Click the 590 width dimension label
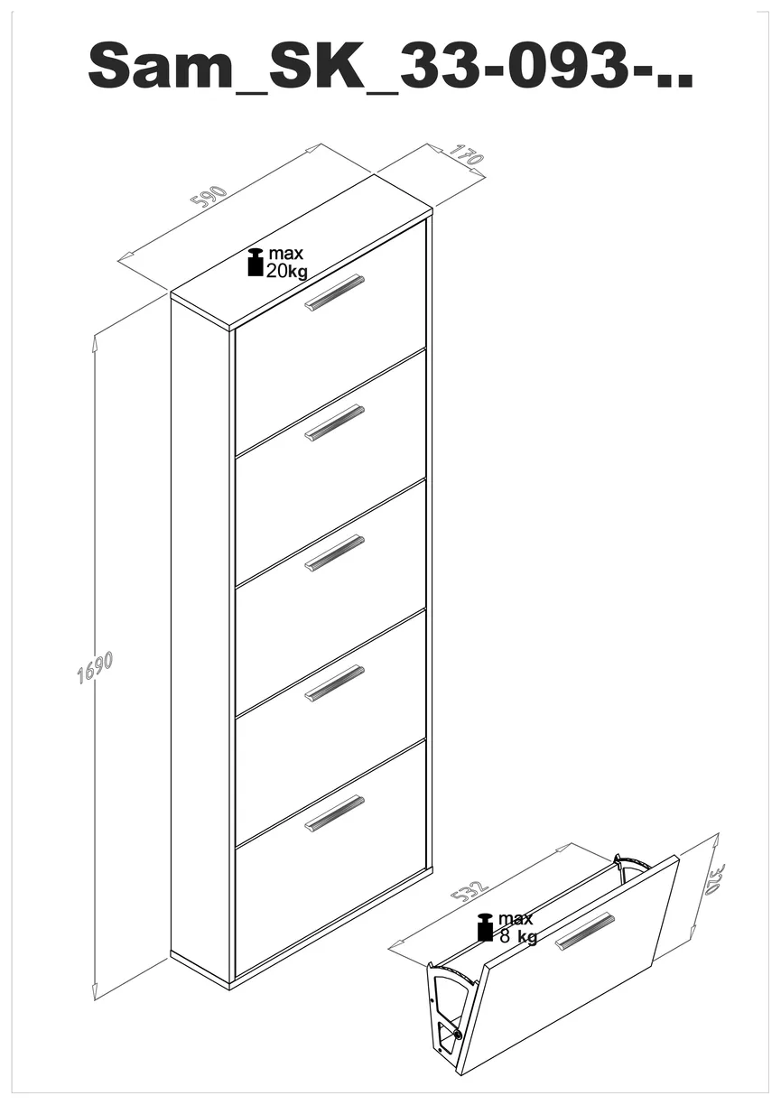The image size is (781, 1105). (209, 196)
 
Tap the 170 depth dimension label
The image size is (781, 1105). (466, 155)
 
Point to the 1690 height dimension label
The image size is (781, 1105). (95, 668)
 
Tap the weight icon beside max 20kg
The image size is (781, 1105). (256, 262)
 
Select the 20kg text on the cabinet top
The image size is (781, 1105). (286, 271)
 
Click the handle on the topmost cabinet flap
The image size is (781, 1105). (334, 292)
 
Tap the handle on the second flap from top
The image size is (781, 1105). (334, 422)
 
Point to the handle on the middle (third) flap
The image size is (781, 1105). (334, 552)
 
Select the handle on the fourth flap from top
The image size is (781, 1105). (334, 683)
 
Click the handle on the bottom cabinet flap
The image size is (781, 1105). (334, 813)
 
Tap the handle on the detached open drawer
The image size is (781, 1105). (585, 932)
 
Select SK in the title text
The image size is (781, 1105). (316, 66)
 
